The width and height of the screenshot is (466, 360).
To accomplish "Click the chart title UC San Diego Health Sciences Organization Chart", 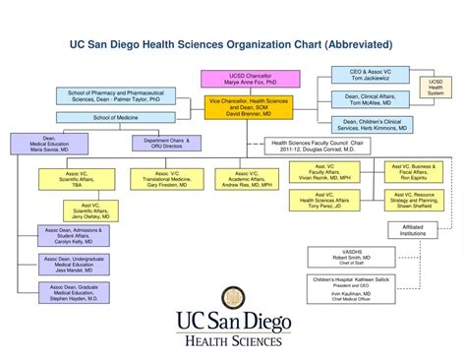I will (232, 44).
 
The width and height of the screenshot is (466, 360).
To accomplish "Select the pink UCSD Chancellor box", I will (237, 80).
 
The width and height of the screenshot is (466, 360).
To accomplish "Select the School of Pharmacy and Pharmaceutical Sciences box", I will (116, 96).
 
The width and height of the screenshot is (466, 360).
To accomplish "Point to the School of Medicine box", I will (116, 117).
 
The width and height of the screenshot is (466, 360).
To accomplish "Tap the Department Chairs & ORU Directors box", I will (159, 144).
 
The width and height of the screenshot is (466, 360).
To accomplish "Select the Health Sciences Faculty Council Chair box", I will (318, 147).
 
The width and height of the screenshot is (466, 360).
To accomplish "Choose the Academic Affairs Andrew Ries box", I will (242, 178).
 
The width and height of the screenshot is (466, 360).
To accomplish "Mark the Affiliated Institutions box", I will (414, 231).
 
